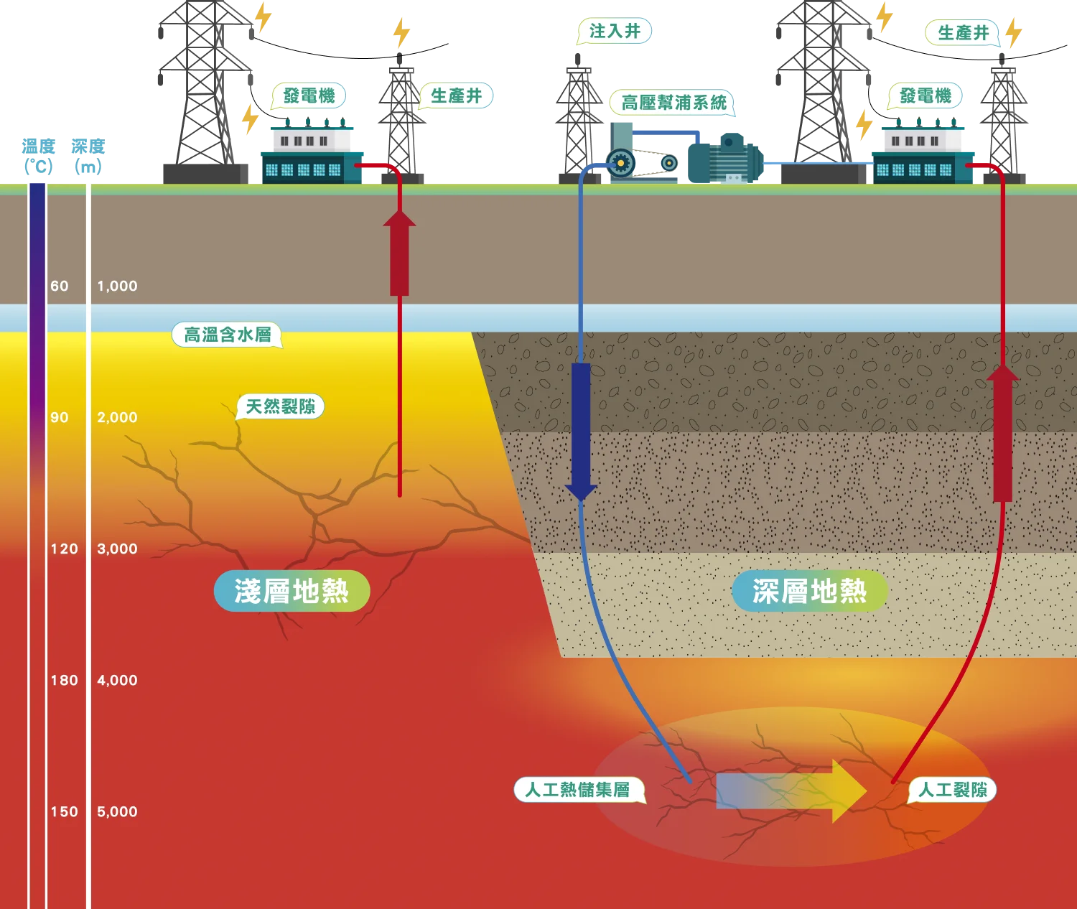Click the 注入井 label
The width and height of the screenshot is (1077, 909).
615,31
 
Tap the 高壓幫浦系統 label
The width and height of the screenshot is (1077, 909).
673,103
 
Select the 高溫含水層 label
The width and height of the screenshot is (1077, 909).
227,335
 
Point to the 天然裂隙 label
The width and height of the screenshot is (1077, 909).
280,406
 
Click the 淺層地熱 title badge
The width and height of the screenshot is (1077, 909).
292,591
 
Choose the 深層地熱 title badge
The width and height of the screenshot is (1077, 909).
809,591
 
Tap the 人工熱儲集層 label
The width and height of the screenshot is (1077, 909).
578,790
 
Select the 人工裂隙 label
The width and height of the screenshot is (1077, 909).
953,790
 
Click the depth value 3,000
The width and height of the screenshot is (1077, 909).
117,549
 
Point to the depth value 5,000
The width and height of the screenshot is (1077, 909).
117,811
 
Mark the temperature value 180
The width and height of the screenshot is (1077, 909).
64,680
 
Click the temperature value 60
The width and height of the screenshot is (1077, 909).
60,286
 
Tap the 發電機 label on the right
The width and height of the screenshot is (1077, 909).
925,95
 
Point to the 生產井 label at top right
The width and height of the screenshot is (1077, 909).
963,32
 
